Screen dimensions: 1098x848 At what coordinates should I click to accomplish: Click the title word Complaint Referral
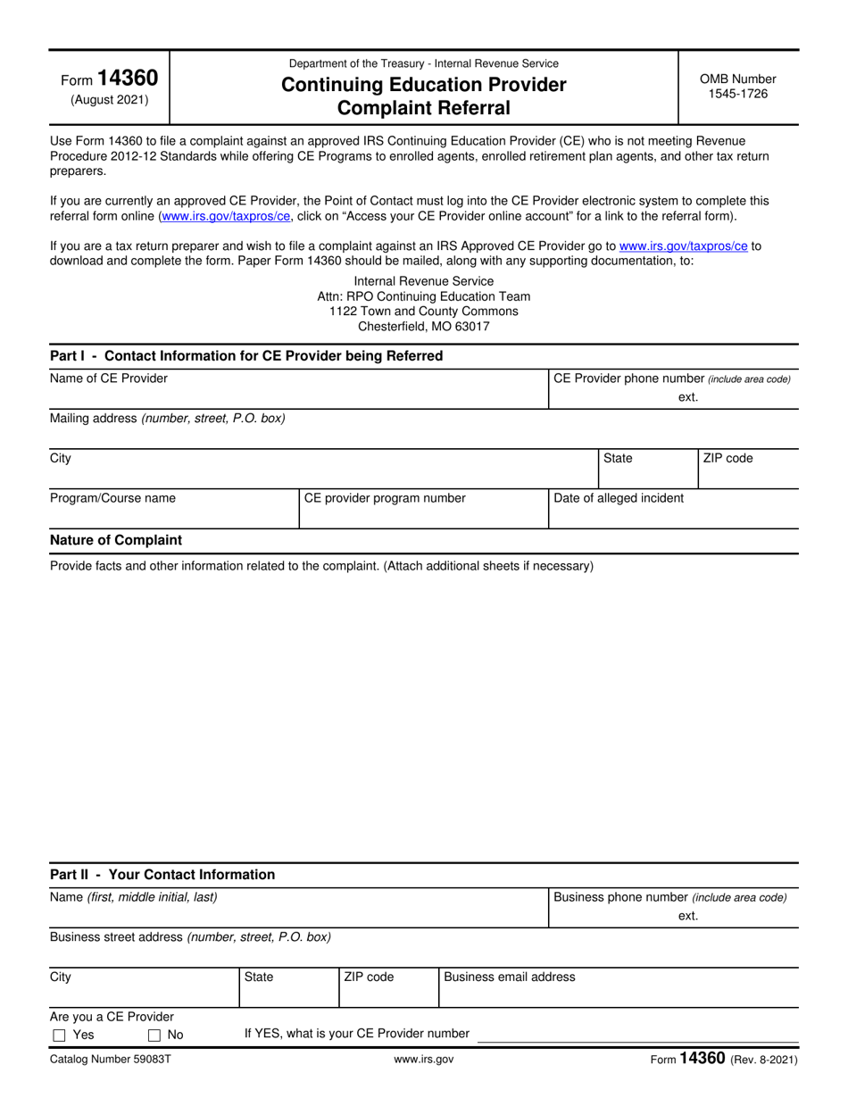[424, 108]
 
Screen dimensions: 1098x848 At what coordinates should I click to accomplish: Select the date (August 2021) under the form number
[110, 100]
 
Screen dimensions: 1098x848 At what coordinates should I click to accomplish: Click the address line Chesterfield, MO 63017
[424, 326]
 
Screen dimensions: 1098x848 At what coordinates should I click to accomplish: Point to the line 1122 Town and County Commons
[424, 311]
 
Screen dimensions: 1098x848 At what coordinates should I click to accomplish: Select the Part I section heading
[246, 355]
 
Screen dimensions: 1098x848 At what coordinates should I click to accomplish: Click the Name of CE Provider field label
[109, 378]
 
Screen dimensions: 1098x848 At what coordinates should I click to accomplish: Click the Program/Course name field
[173, 509]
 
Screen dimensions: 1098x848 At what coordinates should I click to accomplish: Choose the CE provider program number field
[423, 509]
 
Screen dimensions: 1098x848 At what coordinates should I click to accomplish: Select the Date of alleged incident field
[673, 509]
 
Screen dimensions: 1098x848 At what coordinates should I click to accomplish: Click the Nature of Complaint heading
[116, 540]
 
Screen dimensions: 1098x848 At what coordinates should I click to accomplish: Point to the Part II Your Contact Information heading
[162, 874]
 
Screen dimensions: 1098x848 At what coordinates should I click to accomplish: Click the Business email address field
[619, 987]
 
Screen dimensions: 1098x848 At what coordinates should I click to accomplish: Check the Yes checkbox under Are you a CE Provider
[60, 1036]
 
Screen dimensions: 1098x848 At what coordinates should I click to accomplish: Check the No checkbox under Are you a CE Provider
[154, 1036]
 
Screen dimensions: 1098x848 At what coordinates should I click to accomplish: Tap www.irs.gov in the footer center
[424, 1060]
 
